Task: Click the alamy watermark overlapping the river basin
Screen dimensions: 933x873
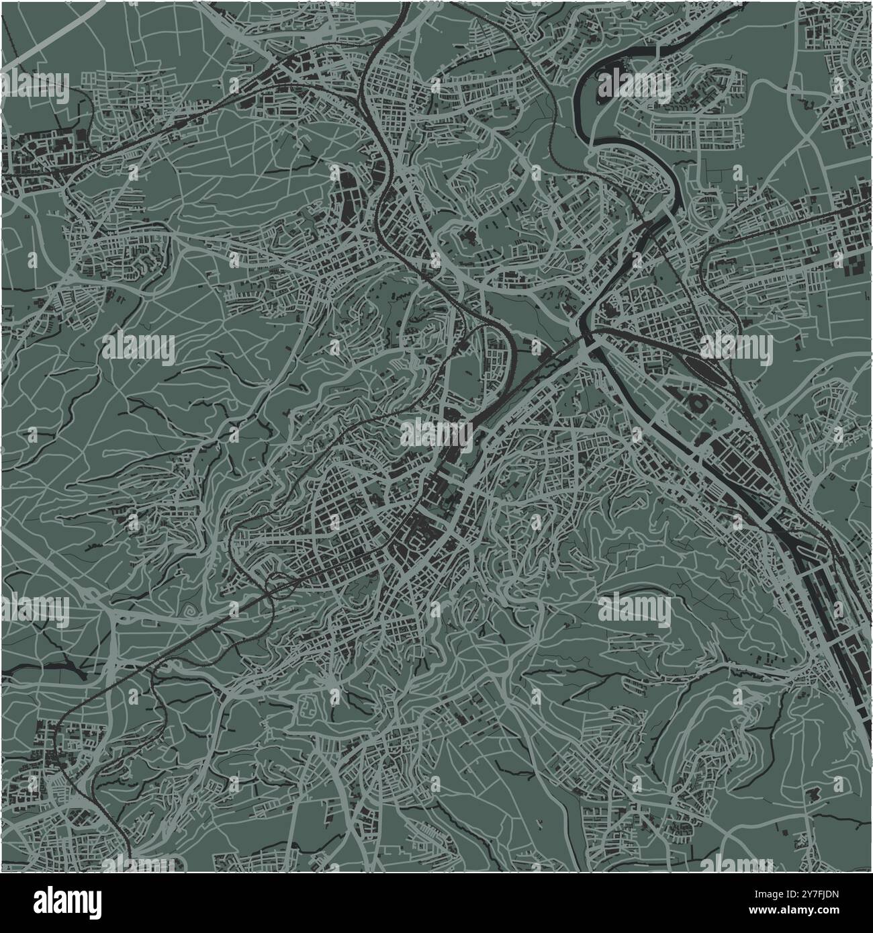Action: (x=634, y=85)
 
